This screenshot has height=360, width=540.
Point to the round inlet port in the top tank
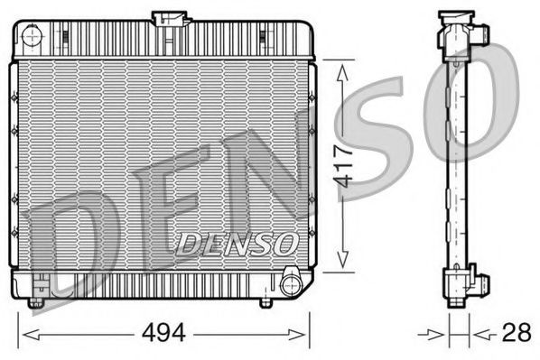(32, 38)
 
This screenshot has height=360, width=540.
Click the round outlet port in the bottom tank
(291, 285)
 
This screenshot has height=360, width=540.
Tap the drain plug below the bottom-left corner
(35, 302)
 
